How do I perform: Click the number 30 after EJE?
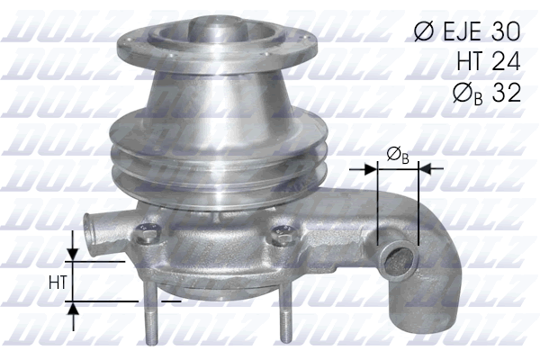coord(500,31)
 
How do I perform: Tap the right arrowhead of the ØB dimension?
coord(425,167)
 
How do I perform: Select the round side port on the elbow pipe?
coord(394,262)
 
